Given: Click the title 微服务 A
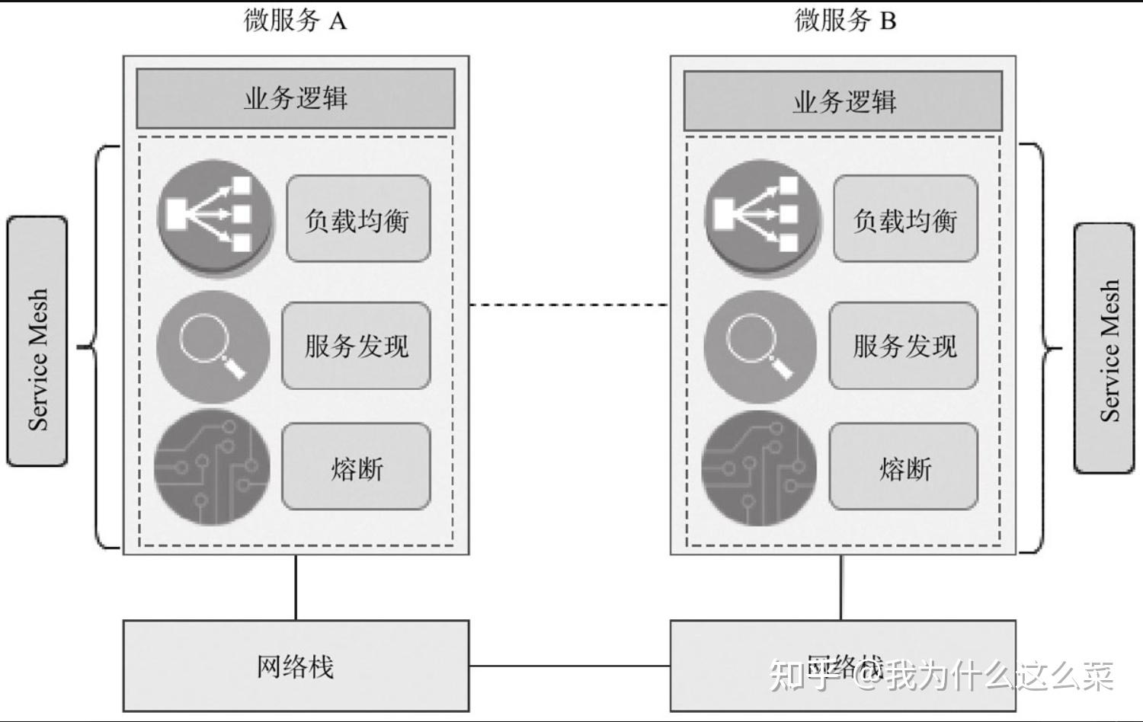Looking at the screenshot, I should point(296,21).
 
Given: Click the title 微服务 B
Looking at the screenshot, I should point(845,21).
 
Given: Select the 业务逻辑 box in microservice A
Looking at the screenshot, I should point(296,99).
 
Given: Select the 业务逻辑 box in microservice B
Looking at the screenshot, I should point(843,101).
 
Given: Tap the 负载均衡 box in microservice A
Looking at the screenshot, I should point(358,219).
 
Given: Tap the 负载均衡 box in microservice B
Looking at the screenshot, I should point(905,219).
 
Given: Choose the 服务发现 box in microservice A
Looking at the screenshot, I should point(356,346).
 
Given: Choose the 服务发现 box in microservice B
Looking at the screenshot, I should point(904,346).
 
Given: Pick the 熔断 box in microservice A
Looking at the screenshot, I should point(356,467).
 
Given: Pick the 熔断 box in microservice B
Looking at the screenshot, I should point(904,467).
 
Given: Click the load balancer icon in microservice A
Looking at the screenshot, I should point(216,217).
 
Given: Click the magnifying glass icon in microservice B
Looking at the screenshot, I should point(760,347).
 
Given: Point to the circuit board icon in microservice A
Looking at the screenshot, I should point(213,467).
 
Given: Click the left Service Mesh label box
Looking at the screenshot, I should point(37,341).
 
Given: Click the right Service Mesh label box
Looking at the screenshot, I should point(1105,348).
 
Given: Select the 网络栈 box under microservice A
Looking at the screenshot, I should point(296,666).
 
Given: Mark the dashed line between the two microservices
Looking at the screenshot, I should point(569,305).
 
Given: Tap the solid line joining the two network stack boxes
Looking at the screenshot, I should point(569,666).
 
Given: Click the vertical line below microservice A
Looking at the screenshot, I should point(296,587).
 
